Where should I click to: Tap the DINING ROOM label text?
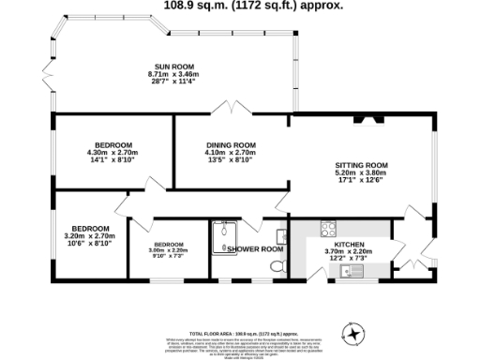click(x=231, y=144)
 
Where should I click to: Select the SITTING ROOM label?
click(x=361, y=166)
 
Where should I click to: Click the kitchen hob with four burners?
click(x=328, y=227)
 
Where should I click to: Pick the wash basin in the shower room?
click(x=281, y=234)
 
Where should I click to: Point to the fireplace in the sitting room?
click(x=362, y=119)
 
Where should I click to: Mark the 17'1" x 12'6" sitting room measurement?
click(x=361, y=181)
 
